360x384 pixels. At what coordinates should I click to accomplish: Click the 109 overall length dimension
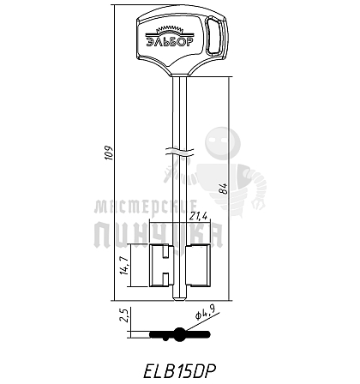(109, 153)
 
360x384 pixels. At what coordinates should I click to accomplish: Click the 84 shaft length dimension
(225, 189)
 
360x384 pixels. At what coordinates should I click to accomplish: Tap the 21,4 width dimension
(198, 216)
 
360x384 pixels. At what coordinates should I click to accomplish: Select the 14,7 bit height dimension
(123, 266)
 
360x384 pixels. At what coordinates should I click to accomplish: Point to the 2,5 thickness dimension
(124, 315)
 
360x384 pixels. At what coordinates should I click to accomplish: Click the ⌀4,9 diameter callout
(205, 312)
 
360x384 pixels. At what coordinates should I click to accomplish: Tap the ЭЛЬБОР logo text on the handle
(170, 42)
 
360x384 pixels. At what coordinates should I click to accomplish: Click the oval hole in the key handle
(213, 36)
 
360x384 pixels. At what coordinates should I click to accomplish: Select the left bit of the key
(161, 266)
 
